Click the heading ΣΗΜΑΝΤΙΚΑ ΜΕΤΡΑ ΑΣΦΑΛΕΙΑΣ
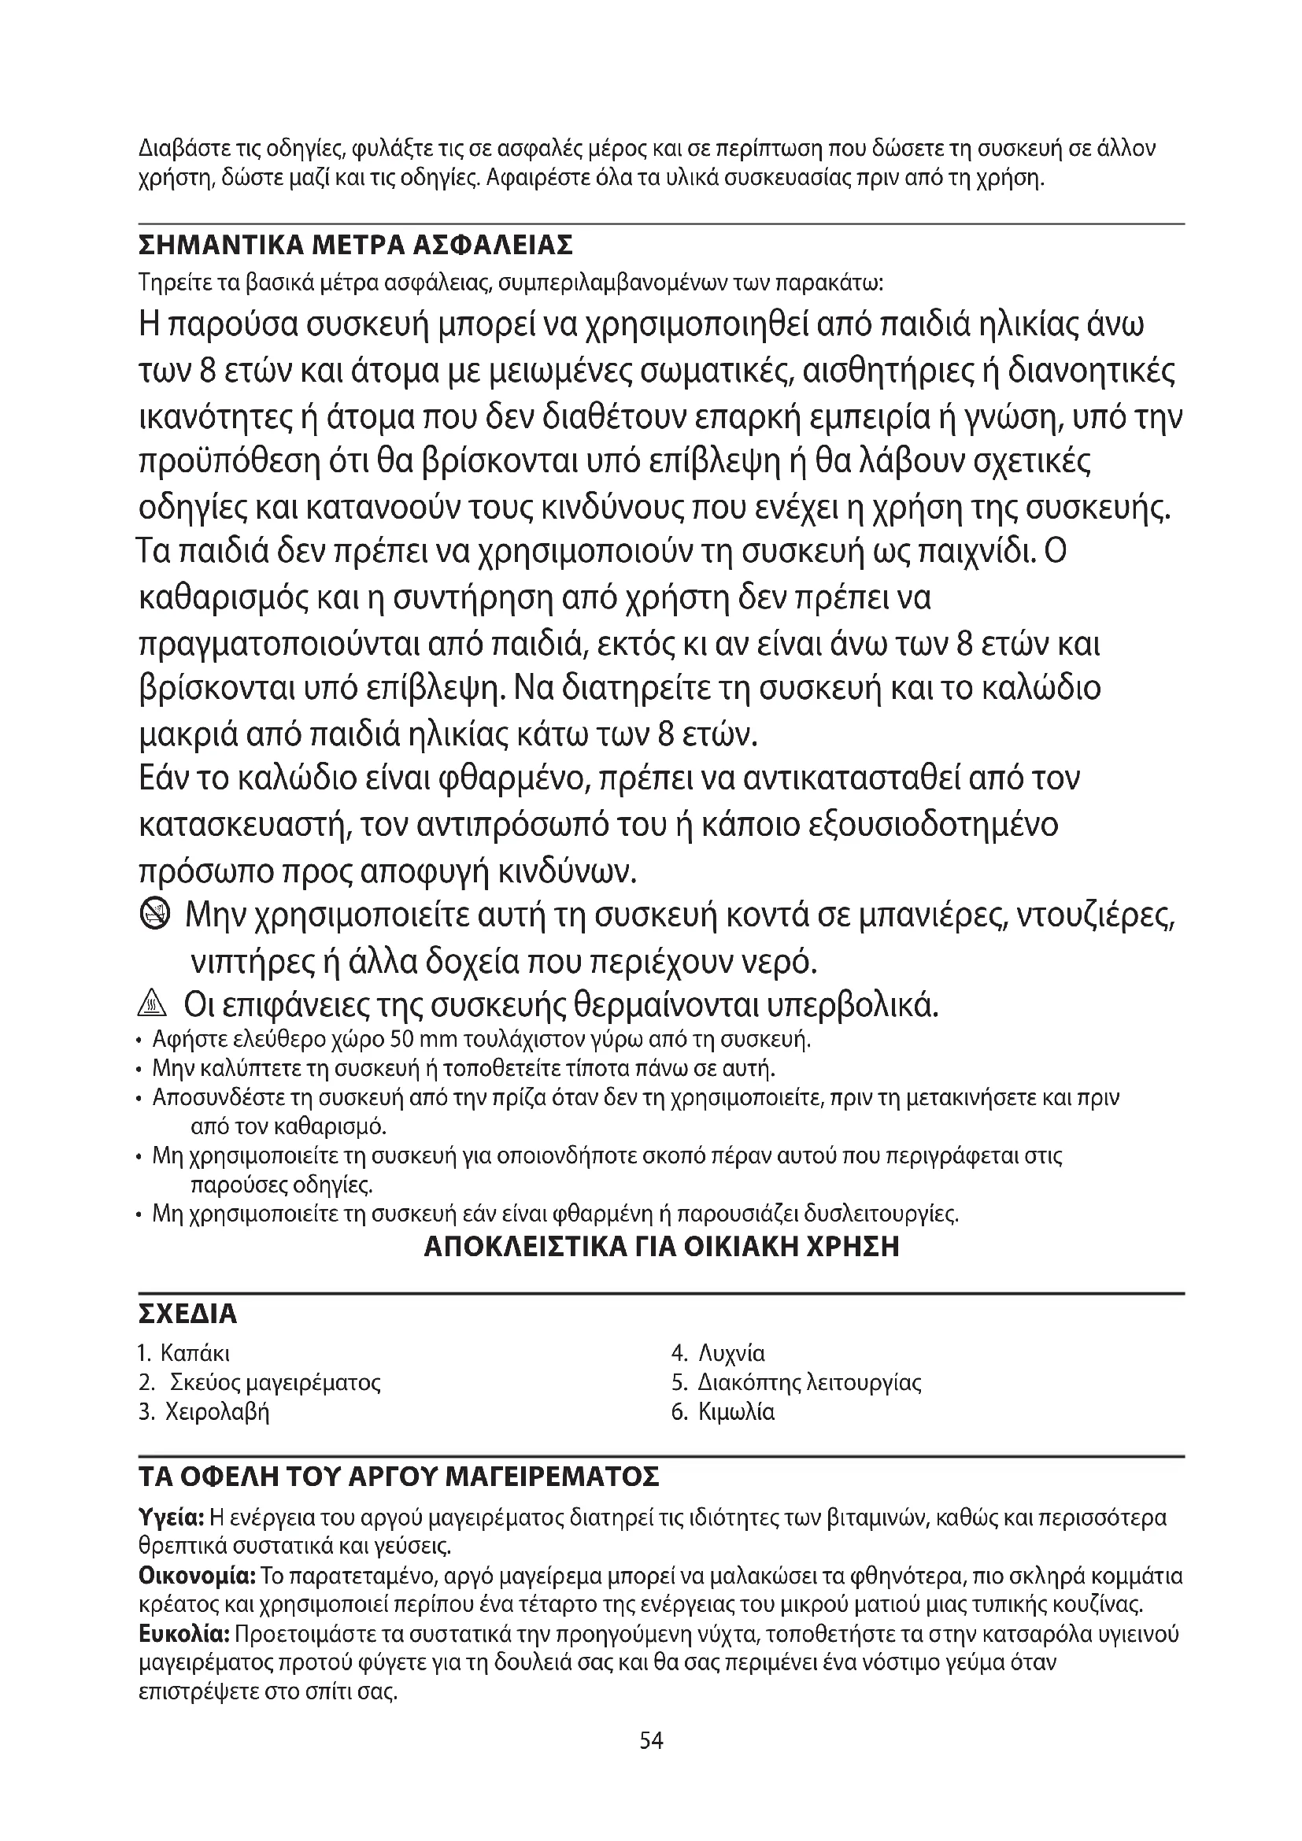click(356, 245)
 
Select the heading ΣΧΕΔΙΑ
click(188, 1315)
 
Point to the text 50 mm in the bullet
click(422, 1041)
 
